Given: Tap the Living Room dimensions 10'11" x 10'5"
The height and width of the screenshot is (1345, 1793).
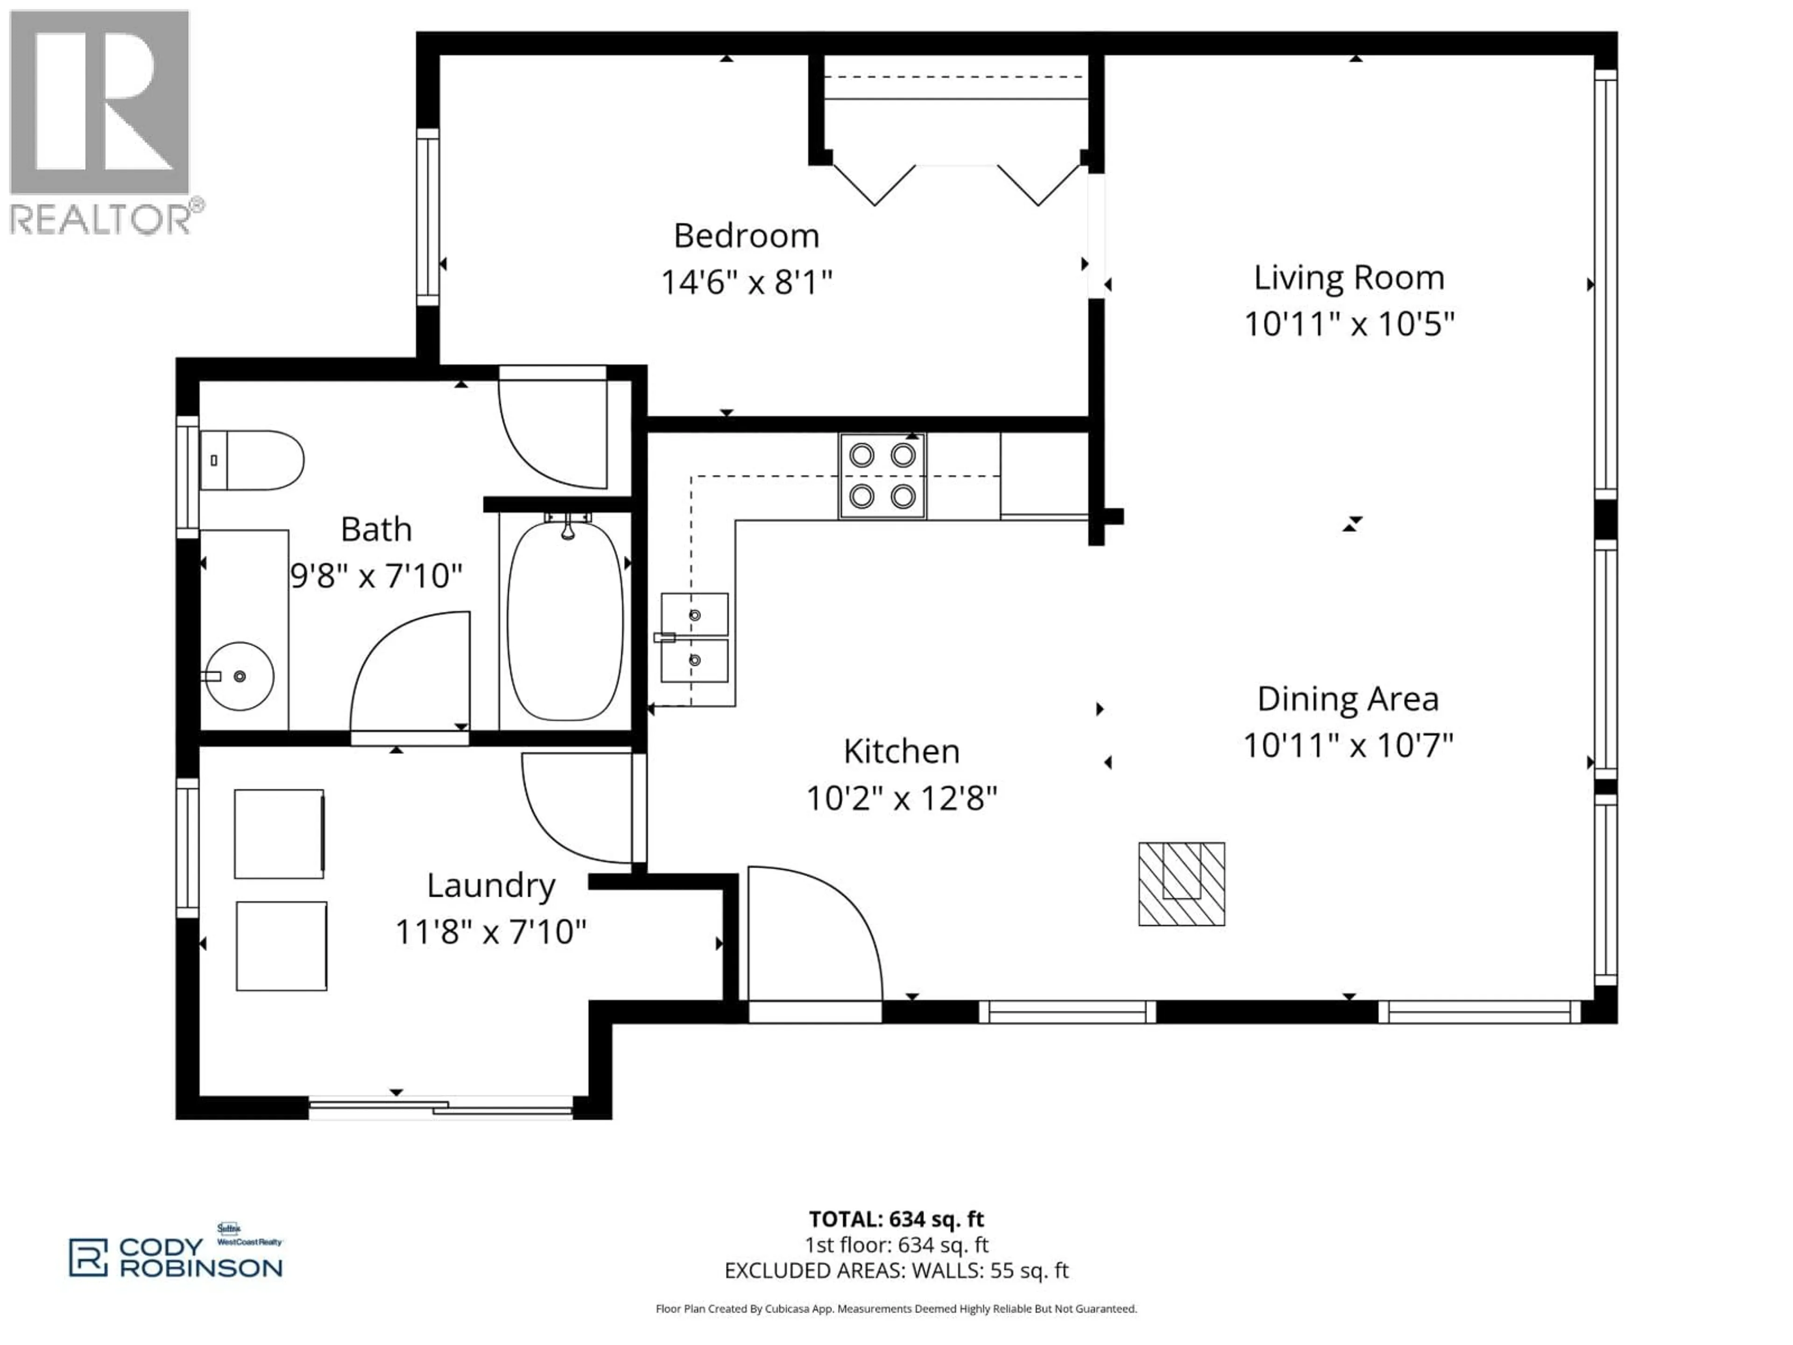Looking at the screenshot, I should (1349, 324).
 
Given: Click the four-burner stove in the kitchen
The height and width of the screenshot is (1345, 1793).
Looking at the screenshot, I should (882, 476).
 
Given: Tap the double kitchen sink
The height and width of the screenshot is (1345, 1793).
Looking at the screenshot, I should (695, 637).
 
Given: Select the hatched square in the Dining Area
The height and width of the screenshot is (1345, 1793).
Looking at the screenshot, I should (1181, 884).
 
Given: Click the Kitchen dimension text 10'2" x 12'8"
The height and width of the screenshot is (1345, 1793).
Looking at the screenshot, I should (901, 799).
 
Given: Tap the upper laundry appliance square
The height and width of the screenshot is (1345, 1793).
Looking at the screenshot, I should (279, 834).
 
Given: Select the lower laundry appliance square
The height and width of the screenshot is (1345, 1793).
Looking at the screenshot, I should (281, 945).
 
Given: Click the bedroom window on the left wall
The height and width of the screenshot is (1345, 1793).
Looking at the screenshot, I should (428, 217).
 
